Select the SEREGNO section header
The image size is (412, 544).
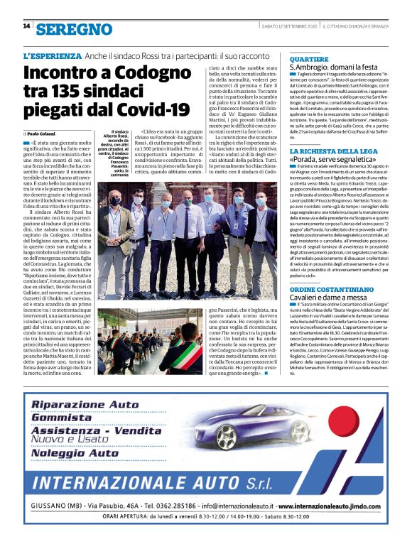point(75,29)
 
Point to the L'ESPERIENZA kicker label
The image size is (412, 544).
point(52,55)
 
